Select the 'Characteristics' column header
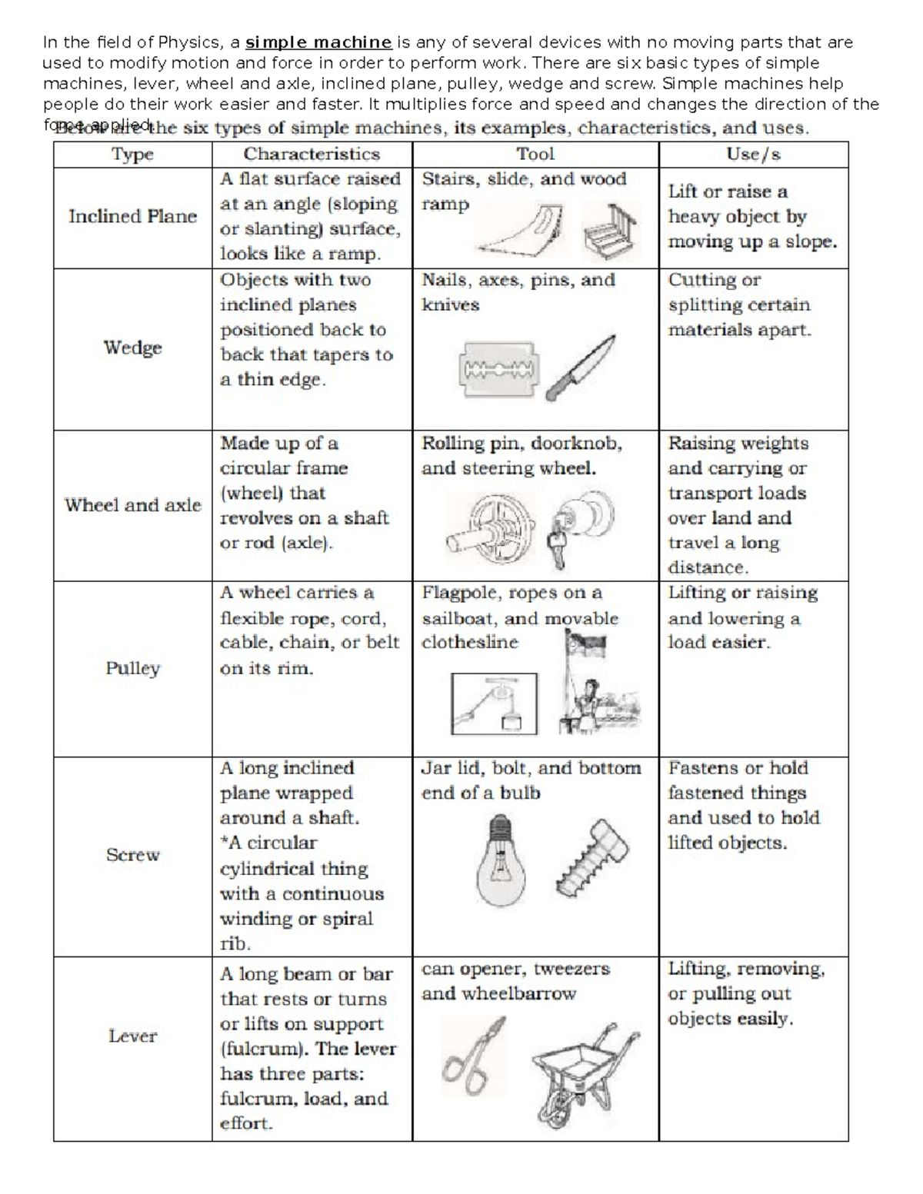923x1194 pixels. point(312,155)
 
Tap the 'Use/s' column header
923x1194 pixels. point(753,155)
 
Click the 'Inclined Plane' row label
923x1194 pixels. point(132,217)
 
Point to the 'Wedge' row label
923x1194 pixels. point(132,348)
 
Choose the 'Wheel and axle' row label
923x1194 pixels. point(132,505)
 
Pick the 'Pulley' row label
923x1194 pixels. point(132,668)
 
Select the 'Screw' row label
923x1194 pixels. point(132,855)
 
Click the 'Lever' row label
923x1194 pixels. point(132,1036)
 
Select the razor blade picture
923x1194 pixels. point(498,370)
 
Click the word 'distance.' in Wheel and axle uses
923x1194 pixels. point(708,568)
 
